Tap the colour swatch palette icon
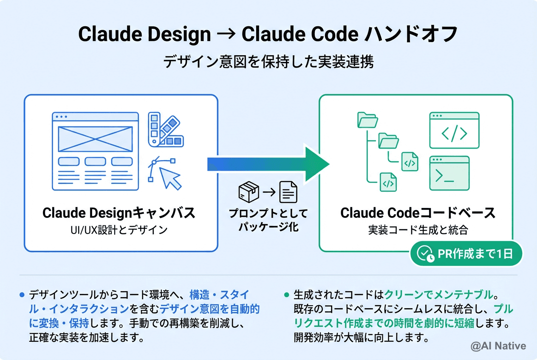click(165, 130)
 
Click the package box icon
click(249, 192)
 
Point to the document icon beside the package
click(288, 192)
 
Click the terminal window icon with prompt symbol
click(449, 173)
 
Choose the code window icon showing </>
click(454, 130)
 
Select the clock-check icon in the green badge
click(426, 254)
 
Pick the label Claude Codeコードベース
click(418, 213)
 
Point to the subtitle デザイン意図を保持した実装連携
click(268, 62)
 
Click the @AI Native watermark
click(498, 346)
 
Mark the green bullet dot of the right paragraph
click(286, 295)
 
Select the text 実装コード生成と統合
click(418, 230)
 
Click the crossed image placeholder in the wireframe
click(95, 139)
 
